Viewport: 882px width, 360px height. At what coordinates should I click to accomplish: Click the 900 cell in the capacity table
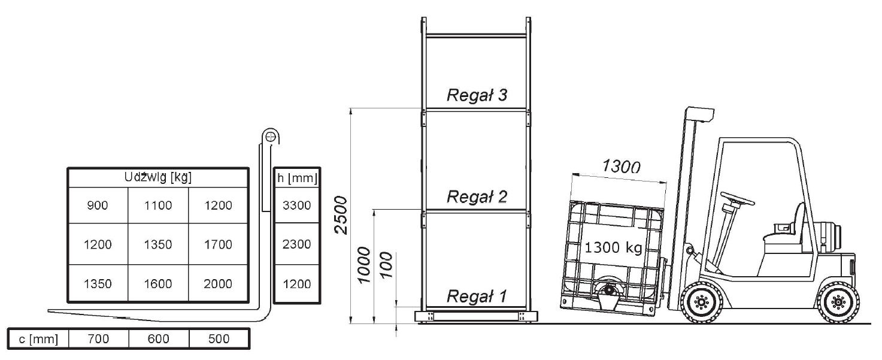97,205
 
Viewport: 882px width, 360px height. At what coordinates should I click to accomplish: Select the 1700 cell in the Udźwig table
218,244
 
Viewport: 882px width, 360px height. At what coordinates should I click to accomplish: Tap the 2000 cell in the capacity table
218,284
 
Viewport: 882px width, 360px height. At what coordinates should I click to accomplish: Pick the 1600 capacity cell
157,284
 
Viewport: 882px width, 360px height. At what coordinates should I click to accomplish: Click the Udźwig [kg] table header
157,177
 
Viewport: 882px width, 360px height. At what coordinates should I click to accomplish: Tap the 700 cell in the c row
98,339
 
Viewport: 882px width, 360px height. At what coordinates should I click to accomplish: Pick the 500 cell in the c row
218,339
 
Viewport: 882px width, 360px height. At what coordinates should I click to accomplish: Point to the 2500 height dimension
341,216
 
